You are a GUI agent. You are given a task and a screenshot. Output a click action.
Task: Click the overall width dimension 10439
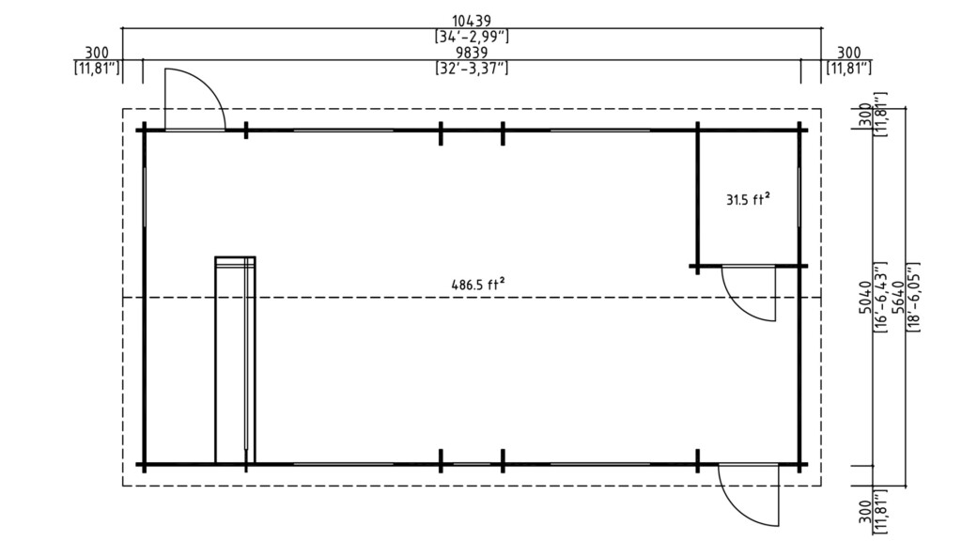(472, 21)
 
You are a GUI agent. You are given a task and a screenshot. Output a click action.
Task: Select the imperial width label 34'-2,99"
(472, 37)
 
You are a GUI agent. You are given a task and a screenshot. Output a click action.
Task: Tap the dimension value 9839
(472, 53)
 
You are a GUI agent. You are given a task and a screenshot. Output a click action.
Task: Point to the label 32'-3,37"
(472, 69)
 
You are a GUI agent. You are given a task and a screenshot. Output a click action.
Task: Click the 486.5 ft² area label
(482, 283)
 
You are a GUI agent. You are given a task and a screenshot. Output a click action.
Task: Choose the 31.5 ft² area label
(748, 198)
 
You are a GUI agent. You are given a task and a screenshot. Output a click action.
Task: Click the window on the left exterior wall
(145, 197)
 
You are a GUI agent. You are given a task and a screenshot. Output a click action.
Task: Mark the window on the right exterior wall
(799, 197)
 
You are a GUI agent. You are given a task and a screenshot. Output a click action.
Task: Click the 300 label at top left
(96, 53)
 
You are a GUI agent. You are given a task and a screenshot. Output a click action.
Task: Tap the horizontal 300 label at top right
(848, 53)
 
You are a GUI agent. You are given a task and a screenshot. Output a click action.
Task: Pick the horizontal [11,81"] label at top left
(96, 69)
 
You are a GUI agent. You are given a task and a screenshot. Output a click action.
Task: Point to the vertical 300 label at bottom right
(864, 516)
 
